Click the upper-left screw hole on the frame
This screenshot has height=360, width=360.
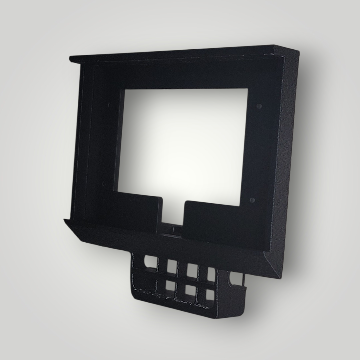pyautogui.click(x=110, y=105)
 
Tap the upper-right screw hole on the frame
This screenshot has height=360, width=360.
pyautogui.click(x=259, y=106)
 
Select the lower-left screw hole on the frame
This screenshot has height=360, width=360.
pyautogui.click(x=104, y=183)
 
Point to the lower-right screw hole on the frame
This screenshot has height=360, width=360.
pyautogui.click(x=252, y=200)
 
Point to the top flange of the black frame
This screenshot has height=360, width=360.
pyautogui.click(x=173, y=53)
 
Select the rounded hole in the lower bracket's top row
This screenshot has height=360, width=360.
pyautogui.click(x=151, y=262)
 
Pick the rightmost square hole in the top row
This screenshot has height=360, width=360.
pyautogui.click(x=211, y=274)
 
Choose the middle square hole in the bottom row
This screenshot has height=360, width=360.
pyautogui.click(x=190, y=290)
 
